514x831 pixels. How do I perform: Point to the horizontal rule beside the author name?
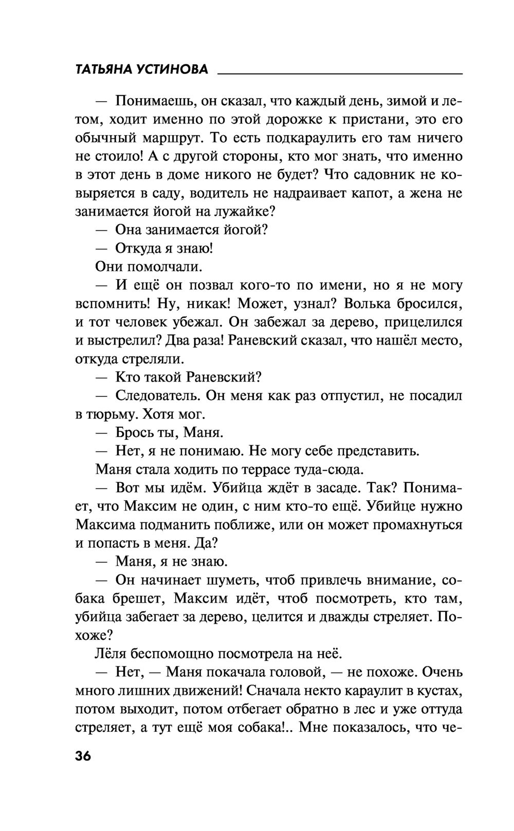coord(340,75)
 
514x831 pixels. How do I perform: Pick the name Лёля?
coord(111,654)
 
